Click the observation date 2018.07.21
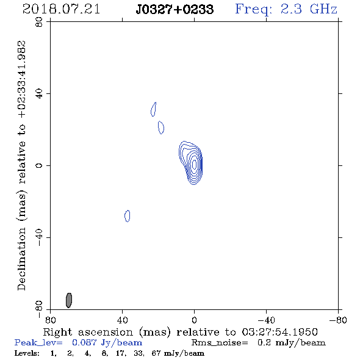point(61,9)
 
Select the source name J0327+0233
point(175,9)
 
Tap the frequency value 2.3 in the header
point(291,9)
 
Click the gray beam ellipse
point(69,300)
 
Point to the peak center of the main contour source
point(195,164)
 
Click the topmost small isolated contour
point(154,109)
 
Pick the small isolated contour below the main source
point(127,216)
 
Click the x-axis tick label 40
point(122,320)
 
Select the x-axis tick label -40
point(266,320)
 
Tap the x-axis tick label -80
point(338,320)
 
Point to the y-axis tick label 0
point(39,165)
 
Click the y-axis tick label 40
point(39,94)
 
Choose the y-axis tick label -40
point(39,237)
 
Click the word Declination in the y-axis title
point(21,259)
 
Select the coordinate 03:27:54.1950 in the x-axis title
point(279,332)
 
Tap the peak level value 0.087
point(84,342)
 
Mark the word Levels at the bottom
point(27,353)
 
